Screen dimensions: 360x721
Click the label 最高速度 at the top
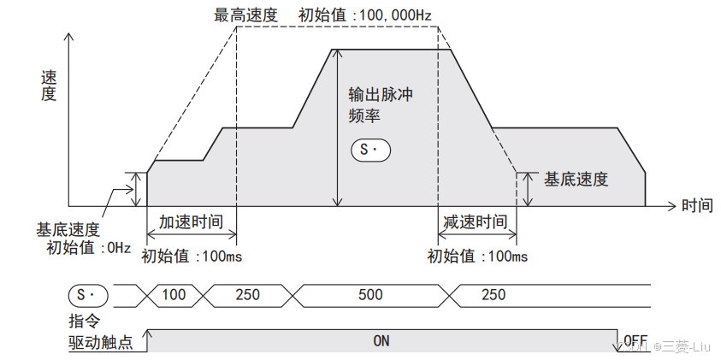pyautogui.click(x=245, y=15)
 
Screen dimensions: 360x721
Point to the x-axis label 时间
pyautogui.click(x=696, y=206)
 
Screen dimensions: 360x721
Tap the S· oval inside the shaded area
pyautogui.click(x=370, y=150)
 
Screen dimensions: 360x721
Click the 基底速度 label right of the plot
pyautogui.click(x=576, y=180)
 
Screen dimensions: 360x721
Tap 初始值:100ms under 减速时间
pyautogui.click(x=477, y=256)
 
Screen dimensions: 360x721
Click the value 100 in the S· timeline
pyautogui.click(x=174, y=295)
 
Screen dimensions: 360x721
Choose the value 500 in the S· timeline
pyautogui.click(x=370, y=295)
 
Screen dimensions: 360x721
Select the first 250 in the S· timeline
pyautogui.click(x=247, y=295)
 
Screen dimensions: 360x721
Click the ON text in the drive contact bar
pyautogui.click(x=381, y=340)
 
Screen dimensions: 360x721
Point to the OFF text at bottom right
pyautogui.click(x=636, y=339)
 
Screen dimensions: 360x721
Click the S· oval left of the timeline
pyautogui.click(x=88, y=295)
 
